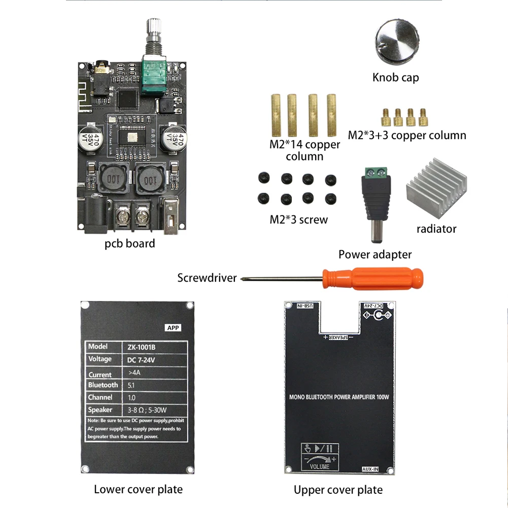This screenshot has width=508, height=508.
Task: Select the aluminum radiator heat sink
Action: point(437,196)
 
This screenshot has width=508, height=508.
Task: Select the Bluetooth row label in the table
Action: point(103,385)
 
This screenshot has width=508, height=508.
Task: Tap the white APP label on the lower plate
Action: point(173,328)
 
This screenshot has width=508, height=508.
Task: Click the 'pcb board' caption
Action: point(129,244)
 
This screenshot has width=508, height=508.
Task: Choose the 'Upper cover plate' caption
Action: point(338,490)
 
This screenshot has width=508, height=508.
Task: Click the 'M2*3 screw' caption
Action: point(298,220)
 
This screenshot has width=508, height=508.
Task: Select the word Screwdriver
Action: point(207,278)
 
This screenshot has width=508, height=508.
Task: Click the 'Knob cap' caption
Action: point(395,78)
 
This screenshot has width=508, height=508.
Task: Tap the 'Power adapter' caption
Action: point(375,254)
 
